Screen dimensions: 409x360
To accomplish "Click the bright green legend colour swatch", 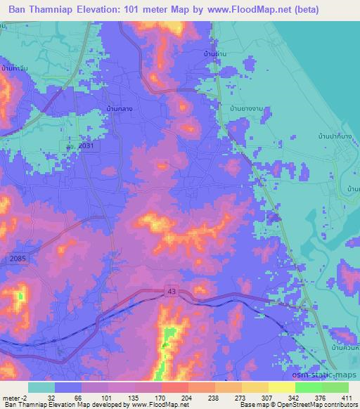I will (x=308, y=387).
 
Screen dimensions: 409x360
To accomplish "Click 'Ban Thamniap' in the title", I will (x=46, y=10).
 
